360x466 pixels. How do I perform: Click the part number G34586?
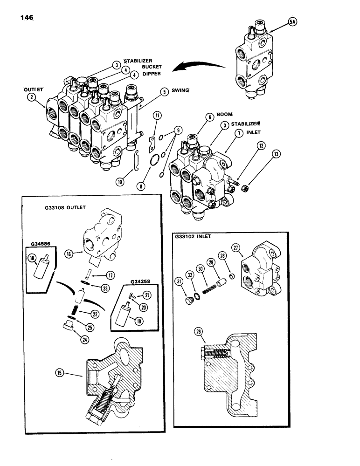coord(40,242)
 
